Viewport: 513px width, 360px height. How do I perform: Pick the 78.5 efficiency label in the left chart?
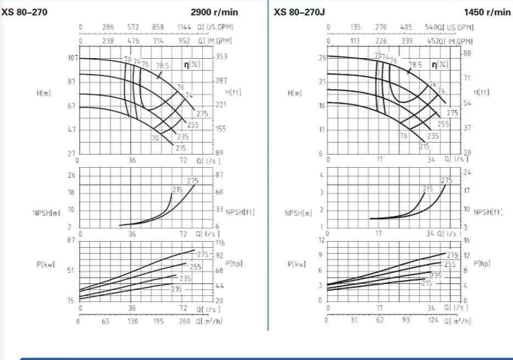click(162, 66)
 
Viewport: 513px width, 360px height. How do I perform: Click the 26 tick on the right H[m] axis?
click(322, 58)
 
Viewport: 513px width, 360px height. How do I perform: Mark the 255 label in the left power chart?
click(195, 267)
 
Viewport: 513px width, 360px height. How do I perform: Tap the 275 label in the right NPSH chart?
click(447, 180)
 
